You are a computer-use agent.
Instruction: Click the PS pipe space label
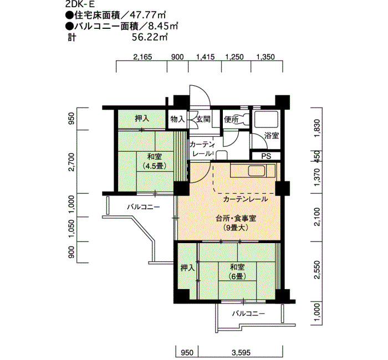[x=266, y=156]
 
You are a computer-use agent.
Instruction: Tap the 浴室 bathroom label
[x=272, y=136]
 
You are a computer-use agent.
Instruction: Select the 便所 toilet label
[x=231, y=120]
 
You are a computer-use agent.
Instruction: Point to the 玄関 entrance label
[x=203, y=119]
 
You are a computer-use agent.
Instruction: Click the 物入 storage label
[x=177, y=120]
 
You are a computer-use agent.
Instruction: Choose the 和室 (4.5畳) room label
[x=155, y=161]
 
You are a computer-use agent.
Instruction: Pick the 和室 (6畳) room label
[x=237, y=271]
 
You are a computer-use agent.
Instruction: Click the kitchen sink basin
[x=257, y=170]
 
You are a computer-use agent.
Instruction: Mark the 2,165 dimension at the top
[x=142, y=57]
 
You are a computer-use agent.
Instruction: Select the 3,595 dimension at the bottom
[x=241, y=352]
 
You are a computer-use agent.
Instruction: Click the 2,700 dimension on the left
[x=72, y=162]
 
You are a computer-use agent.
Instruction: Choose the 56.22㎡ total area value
[x=150, y=37]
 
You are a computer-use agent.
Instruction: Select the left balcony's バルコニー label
[x=144, y=207]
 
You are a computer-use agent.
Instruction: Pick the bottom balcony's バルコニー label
[x=248, y=314]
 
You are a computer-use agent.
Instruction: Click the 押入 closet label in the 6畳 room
[x=187, y=268]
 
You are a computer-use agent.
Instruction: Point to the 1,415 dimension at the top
[x=205, y=57]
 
